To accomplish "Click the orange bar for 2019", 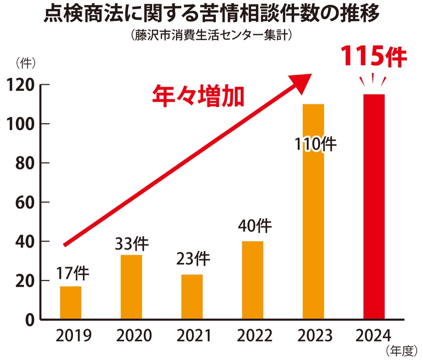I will pyautogui.click(x=70, y=303).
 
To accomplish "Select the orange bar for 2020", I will pyautogui.click(x=131, y=287).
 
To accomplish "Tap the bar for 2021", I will pyautogui.click(x=192, y=297).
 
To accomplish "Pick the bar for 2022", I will pyautogui.click(x=252, y=280).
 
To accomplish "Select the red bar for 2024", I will pyautogui.click(x=374, y=207).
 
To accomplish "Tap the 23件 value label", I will pyautogui.click(x=193, y=259).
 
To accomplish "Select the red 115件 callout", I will pyautogui.click(x=374, y=57).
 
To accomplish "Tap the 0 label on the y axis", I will pyautogui.click(x=30, y=320).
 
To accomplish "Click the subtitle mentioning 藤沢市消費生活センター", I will pyautogui.click(x=211, y=36).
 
